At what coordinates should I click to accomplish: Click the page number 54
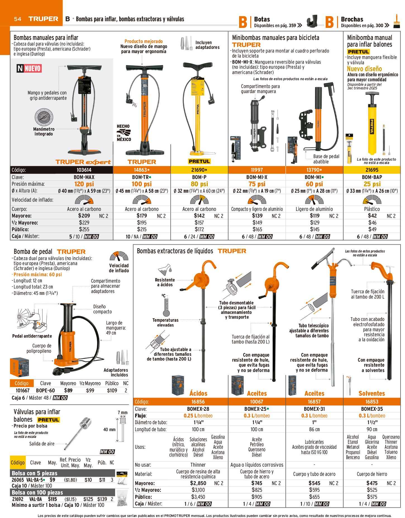click(x=18, y=19)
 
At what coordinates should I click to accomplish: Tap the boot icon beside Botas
click(x=312, y=21)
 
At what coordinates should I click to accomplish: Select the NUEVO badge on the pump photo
click(x=29, y=68)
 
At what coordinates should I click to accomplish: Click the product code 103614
click(x=84, y=170)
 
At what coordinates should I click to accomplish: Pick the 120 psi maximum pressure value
click(x=84, y=184)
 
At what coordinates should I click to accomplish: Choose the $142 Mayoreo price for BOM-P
click(x=199, y=216)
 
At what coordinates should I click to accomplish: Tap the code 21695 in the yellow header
click(x=372, y=170)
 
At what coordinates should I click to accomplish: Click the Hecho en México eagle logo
click(x=124, y=133)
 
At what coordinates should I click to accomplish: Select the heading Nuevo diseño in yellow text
click(x=364, y=69)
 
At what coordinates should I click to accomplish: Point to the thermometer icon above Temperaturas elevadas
click(x=166, y=307)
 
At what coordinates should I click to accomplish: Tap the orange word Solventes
click(x=372, y=393)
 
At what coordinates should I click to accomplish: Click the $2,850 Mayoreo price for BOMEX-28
click(x=198, y=483)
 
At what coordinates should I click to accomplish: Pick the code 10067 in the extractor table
click(x=257, y=402)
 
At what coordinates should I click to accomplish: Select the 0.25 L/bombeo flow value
click(x=198, y=416)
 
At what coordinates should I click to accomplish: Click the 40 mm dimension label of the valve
click(x=109, y=429)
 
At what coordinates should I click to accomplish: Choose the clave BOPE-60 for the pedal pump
click(x=46, y=390)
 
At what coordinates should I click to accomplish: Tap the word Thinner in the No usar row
click(x=198, y=465)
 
